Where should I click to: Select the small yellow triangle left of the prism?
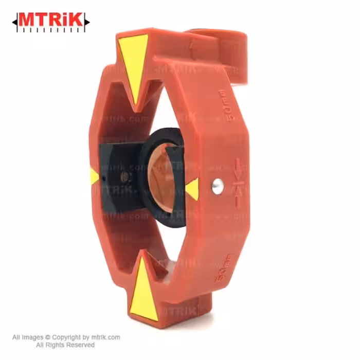click(x=94, y=176)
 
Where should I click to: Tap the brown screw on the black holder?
click(x=123, y=177)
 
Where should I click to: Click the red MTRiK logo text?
click(x=50, y=21)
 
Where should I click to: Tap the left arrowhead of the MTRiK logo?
click(x=15, y=21)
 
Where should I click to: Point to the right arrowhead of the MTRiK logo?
click(x=86, y=21)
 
